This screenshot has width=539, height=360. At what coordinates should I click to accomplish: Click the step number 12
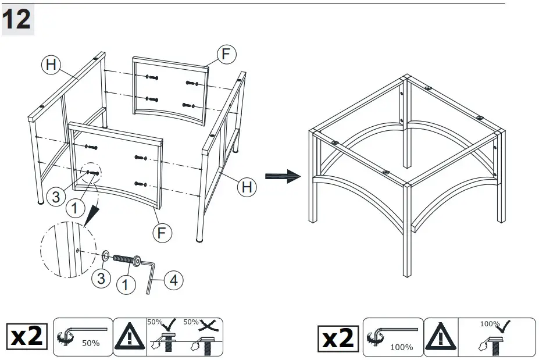pyautogui.click(x=17, y=20)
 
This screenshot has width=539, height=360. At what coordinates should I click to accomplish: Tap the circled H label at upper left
pyautogui.click(x=51, y=65)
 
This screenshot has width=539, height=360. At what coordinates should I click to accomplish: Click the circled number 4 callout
pyautogui.click(x=173, y=280)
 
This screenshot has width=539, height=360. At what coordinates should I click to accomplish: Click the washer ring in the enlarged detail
pyautogui.click(x=106, y=255)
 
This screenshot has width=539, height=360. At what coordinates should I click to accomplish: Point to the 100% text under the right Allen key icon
pyautogui.click(x=401, y=347)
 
